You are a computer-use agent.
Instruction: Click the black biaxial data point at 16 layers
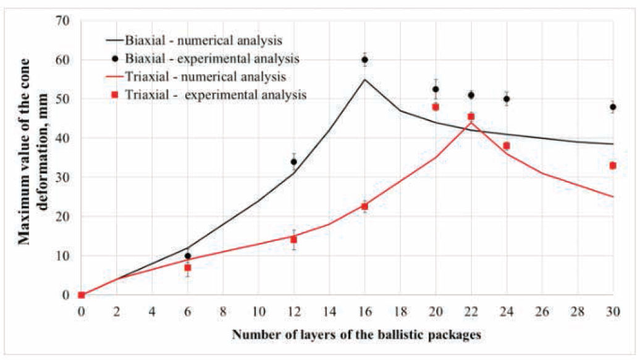tap(364, 60)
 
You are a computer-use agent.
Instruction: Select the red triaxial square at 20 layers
tap(436, 107)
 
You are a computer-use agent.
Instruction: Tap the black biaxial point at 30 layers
tap(613, 107)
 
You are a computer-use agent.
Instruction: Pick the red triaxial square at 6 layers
tap(187, 267)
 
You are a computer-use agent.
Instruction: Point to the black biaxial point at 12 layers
tap(293, 162)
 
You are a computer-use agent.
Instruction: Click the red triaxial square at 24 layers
tap(507, 146)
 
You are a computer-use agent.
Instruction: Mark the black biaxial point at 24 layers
tap(507, 99)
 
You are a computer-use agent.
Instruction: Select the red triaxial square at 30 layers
tap(613, 165)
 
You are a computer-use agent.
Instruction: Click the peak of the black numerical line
tap(364, 79)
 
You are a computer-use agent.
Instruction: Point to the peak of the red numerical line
tap(471, 122)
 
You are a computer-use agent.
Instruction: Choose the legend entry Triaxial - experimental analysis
tap(216, 95)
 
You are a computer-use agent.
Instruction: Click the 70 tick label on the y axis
tap(64, 21)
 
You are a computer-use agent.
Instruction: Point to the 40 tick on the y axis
tap(64, 138)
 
